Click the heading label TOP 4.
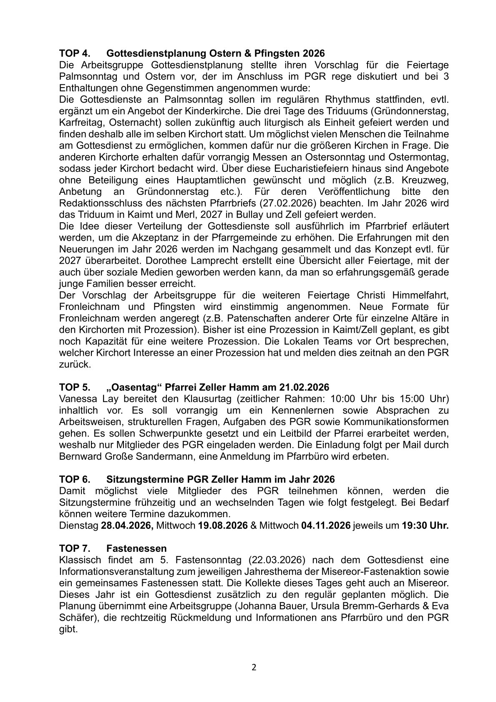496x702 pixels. (75, 53)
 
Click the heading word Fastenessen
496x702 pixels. (136, 548)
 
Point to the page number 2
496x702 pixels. (254, 667)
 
